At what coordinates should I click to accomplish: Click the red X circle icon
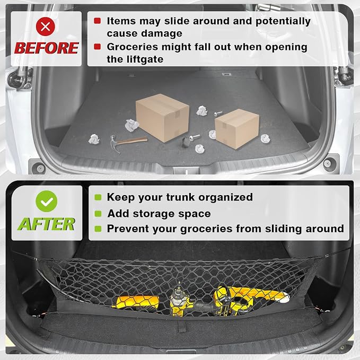[x=46, y=27]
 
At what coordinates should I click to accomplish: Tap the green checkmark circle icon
[x=46, y=201]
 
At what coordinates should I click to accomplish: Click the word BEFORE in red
[x=47, y=48]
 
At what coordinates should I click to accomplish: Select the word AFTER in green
[x=46, y=224]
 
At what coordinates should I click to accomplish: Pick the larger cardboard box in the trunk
[x=162, y=118]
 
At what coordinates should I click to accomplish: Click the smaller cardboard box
[x=236, y=128]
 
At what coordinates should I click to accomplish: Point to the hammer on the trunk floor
[x=128, y=143]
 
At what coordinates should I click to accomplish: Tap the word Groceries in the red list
[x=132, y=47]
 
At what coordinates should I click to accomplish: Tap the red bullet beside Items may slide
[x=98, y=21]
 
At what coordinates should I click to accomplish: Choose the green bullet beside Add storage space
[x=98, y=214]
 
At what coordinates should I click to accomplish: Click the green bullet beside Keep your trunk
[x=98, y=197]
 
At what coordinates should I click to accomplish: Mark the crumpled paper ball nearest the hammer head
[x=94, y=139]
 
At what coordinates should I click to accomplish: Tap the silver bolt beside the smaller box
[x=218, y=113]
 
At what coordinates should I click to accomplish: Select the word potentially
[x=283, y=22]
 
